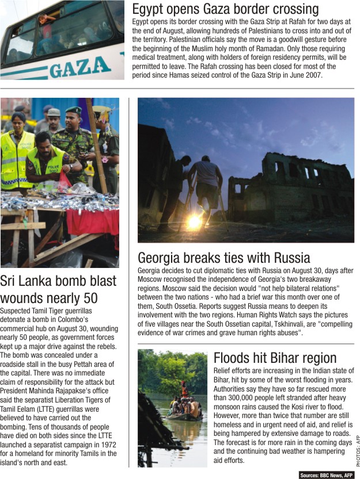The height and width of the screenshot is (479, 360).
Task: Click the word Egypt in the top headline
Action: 149,9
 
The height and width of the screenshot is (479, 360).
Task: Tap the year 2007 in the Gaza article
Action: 310,75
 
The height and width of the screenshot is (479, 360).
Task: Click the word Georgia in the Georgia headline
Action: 161,258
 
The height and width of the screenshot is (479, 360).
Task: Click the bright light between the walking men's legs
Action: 195,221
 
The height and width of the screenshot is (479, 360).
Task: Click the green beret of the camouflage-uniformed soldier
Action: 73,110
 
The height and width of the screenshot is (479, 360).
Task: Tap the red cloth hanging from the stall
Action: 92,222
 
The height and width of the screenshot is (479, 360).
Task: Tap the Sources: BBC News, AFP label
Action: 326,475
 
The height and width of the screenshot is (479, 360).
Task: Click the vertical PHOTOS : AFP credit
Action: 357,451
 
